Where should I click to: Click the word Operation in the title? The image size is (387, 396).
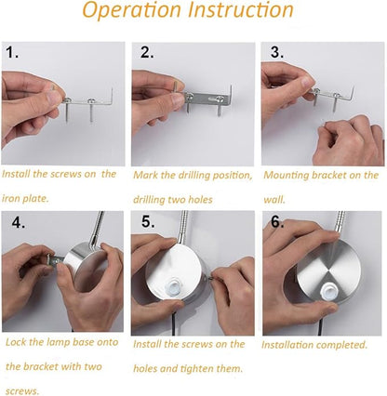coord(131,11)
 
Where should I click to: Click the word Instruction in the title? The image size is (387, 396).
coord(241,9)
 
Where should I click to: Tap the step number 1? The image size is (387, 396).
coord(12,52)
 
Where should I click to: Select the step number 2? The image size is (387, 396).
coord(146,52)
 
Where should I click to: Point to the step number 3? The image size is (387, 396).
coord(276,52)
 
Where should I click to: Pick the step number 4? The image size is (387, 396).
coord(19,222)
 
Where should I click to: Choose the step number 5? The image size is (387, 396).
coord(148,221)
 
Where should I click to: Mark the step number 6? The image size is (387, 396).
coord(277,221)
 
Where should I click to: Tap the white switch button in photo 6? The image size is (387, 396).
coord(328,291)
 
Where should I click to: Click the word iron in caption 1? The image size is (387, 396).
coord(11,198)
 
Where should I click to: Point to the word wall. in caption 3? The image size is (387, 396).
coord(274,199)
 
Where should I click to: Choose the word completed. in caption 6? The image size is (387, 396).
coord(341,345)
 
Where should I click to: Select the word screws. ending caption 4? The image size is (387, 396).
coord(22,390)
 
